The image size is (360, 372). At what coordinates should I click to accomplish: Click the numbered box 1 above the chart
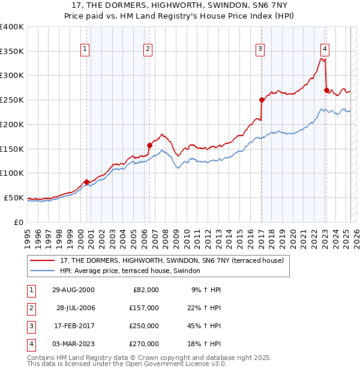click(86, 49)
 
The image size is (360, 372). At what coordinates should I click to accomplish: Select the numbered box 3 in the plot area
click(260, 49)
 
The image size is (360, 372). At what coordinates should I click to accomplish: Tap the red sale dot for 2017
click(262, 100)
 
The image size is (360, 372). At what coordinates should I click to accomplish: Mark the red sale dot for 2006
click(149, 145)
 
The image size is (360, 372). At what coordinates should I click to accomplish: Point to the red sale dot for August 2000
click(86, 182)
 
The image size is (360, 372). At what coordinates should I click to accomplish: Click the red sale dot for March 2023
click(326, 90)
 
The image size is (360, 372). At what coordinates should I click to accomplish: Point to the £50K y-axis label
click(13, 197)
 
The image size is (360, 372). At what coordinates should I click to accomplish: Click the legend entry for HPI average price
click(133, 271)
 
